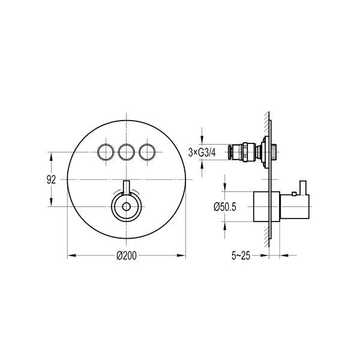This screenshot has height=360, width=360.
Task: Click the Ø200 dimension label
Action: tap(126, 256)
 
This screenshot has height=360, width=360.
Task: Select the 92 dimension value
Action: tap(51, 179)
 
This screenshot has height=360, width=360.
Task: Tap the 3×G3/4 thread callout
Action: tap(202, 152)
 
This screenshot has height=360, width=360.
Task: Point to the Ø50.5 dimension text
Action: tap(225, 207)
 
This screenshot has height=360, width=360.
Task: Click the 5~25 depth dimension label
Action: tap(241, 256)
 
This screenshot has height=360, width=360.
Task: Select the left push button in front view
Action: tap(106, 152)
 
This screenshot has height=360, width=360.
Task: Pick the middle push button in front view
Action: tap(126, 152)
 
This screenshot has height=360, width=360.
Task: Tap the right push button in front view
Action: tap(147, 152)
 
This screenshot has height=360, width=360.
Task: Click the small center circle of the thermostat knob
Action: tap(126, 207)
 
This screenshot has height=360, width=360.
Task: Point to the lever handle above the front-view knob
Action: tap(126, 188)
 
